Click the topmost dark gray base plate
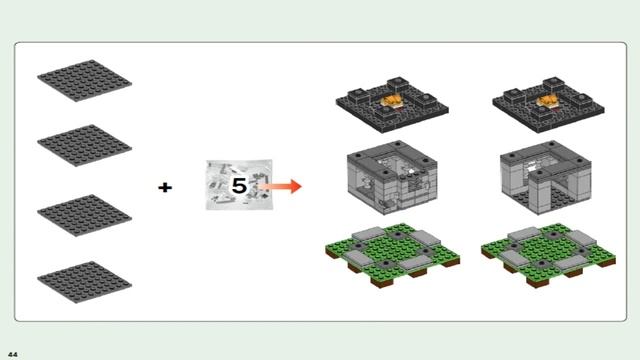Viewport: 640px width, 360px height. point(84,80)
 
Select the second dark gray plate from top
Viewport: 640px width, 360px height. point(84,145)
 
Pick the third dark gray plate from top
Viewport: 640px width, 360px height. point(84,215)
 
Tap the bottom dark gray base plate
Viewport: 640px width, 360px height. point(84,282)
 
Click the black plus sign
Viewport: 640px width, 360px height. point(165,187)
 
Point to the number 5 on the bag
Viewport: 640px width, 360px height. point(240,186)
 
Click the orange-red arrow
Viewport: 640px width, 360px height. point(280,187)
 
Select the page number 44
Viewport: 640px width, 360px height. point(13,354)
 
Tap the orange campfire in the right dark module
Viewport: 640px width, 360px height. point(549,101)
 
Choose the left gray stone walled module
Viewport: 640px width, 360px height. point(392,177)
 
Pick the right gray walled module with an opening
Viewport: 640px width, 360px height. point(546,177)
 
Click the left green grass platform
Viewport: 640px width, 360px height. point(393,255)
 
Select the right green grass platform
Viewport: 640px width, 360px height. point(549,255)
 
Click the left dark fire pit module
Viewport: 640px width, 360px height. point(392,104)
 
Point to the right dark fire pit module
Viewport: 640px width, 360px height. point(549,104)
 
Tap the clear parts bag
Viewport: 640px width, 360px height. point(239,185)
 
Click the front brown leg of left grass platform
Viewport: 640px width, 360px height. point(382,283)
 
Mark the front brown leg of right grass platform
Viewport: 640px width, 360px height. point(538,283)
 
